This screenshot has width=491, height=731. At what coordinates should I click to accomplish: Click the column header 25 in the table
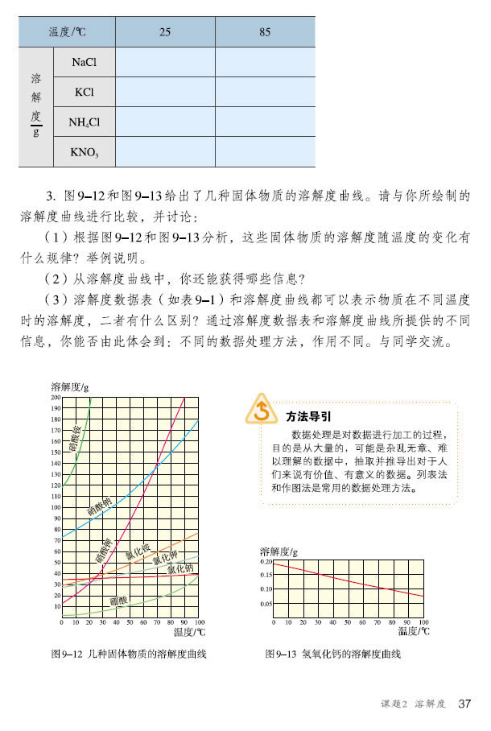pyautogui.click(x=165, y=32)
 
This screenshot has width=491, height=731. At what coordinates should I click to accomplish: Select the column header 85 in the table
pyautogui.click(x=265, y=32)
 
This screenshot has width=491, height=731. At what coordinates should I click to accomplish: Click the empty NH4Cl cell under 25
pyautogui.click(x=165, y=122)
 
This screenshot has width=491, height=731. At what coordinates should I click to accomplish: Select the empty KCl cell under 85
pyautogui.click(x=265, y=92)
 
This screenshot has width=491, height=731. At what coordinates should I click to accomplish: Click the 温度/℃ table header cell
pyautogui.click(x=67, y=32)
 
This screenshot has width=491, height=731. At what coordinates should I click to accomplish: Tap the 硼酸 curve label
pyautogui.click(x=118, y=601)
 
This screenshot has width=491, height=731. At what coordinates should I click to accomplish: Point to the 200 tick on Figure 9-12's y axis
pyautogui.click(x=56, y=398)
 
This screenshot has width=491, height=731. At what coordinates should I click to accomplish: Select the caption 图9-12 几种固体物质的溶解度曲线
pyautogui.click(x=129, y=655)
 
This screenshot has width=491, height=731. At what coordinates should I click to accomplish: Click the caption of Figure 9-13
pyautogui.click(x=332, y=655)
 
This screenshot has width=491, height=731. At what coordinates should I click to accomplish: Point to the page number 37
pyautogui.click(x=464, y=704)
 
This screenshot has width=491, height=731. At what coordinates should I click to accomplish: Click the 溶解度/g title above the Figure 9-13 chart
pyautogui.click(x=279, y=551)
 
